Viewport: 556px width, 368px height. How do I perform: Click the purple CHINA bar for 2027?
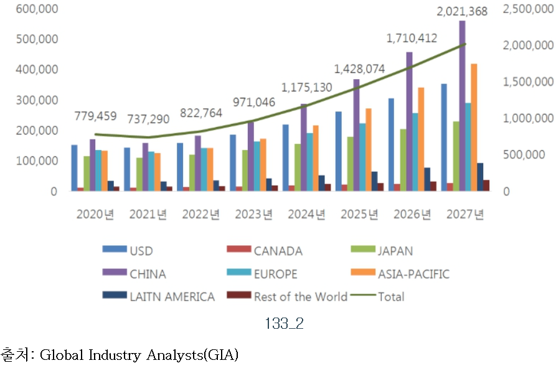tap(462, 106)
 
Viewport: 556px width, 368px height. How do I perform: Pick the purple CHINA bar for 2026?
tap(409, 121)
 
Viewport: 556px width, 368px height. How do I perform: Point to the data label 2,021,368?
tap(461, 11)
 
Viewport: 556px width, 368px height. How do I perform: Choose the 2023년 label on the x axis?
tap(253, 215)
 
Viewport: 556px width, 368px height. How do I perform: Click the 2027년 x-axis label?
tap(465, 215)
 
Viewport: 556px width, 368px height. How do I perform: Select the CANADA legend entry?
tap(278, 252)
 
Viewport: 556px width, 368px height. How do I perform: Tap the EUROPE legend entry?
tap(275, 274)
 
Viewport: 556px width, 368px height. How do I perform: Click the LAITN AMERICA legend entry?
tap(172, 297)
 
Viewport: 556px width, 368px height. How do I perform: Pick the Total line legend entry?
tap(390, 297)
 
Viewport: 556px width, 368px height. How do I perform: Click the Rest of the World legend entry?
tap(300, 297)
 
